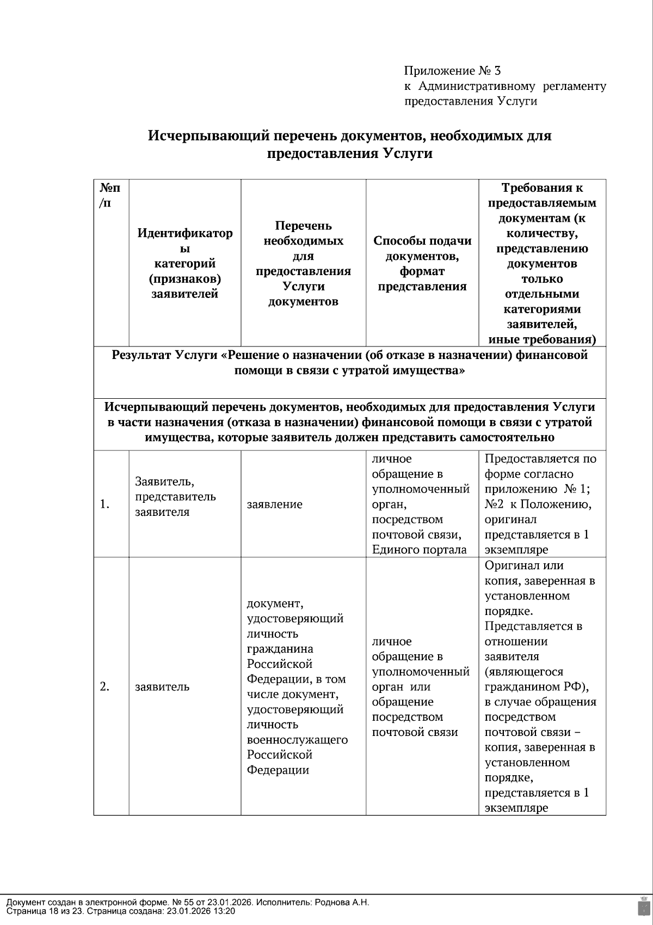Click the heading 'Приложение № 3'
pos(452,71)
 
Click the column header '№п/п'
pos(110,196)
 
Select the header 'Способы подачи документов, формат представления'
pos(422,264)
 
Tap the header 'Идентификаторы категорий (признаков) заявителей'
pos(184,264)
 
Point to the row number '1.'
pos(105,504)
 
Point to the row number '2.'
pos(105,686)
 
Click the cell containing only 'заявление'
pos(274,504)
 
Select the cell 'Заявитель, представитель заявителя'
pos(175,497)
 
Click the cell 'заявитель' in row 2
pos(162,687)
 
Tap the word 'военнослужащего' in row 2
pos(297,740)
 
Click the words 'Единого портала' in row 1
pos(419,550)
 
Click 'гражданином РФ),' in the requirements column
pos(537,686)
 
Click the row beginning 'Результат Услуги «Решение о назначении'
pos(349,363)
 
